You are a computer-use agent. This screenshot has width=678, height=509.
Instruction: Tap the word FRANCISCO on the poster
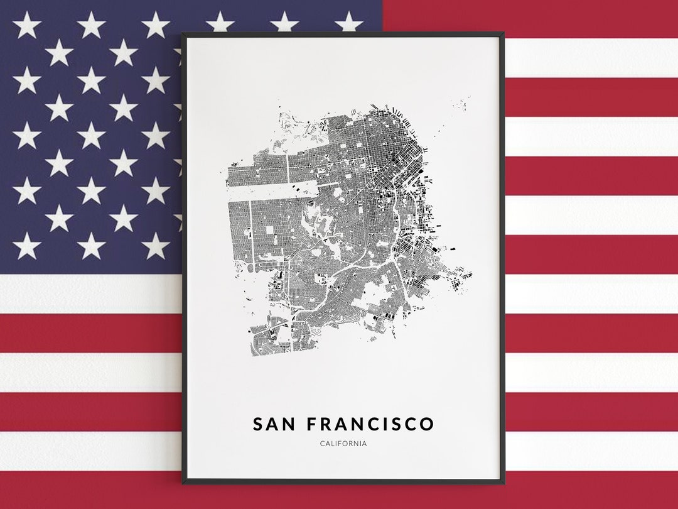(x=370, y=424)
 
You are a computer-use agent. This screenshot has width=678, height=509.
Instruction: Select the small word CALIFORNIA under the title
(x=343, y=444)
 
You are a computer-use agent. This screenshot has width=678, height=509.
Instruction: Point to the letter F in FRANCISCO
(x=312, y=424)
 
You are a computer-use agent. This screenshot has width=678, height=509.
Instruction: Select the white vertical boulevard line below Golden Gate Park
(x=251, y=233)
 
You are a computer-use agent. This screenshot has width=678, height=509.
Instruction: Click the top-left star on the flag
(x=26, y=25)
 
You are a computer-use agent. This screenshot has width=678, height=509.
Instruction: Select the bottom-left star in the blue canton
(x=26, y=246)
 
